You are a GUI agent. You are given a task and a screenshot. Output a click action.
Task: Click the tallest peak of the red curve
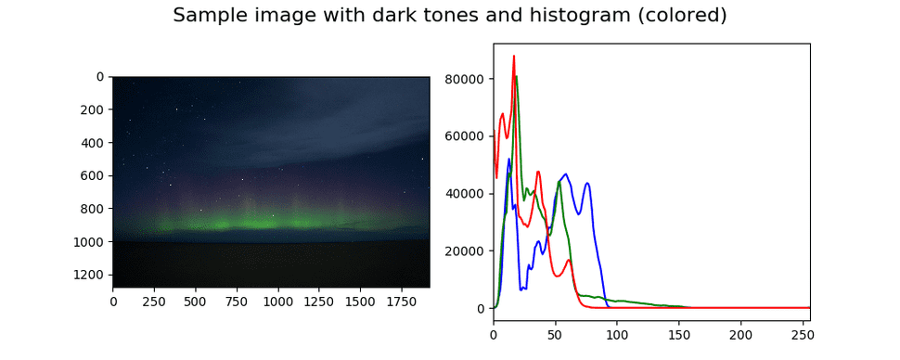513,56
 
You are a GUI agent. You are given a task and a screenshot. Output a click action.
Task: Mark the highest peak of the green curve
516,76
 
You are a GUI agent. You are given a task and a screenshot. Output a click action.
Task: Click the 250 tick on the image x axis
154,301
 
